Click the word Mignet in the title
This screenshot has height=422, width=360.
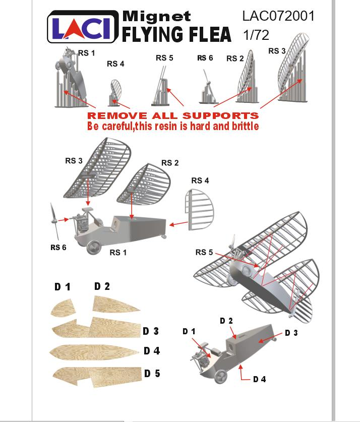157,16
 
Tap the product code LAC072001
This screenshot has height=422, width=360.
278,16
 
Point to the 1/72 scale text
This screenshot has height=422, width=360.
256,36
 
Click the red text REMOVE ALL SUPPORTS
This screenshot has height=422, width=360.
173,116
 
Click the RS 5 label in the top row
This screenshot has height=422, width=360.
164,58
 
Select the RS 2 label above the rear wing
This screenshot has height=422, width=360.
170,163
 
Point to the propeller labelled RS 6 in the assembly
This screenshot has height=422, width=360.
55,221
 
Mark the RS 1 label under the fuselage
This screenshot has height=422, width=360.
118,253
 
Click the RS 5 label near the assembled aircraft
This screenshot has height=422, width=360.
204,252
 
